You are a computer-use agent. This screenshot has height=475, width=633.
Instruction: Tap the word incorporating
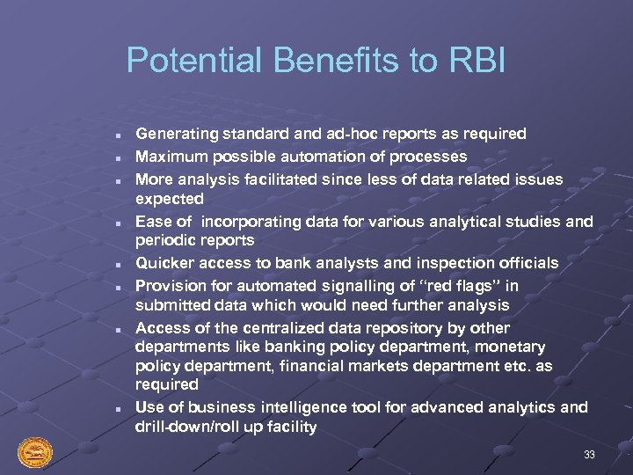click(247, 221)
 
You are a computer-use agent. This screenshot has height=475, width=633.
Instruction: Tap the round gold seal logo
click(35, 453)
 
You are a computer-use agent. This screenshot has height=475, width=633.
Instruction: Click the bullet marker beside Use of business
click(116, 409)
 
